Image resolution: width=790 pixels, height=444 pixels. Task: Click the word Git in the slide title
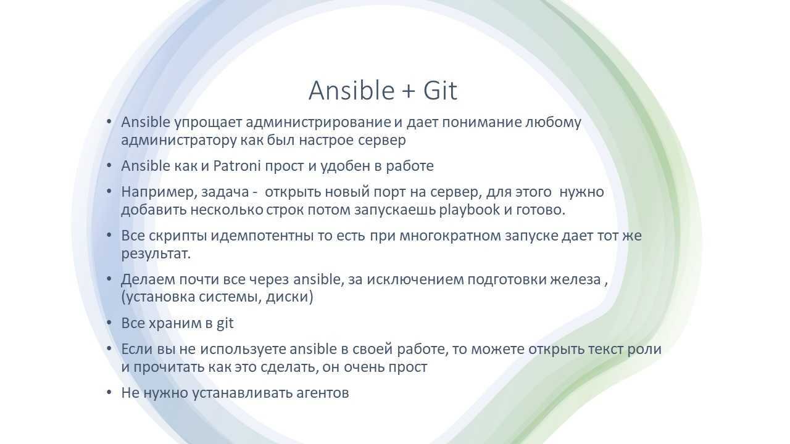[440, 91]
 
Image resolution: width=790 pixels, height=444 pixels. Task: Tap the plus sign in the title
[408, 92]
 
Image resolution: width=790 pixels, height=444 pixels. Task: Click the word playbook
[470, 210]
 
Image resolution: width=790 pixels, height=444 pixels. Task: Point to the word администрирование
[318, 122]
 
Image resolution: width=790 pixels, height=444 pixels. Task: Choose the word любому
[554, 122]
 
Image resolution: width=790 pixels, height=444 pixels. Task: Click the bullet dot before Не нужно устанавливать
[109, 392]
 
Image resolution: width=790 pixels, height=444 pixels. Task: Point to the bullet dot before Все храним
[109, 323]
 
